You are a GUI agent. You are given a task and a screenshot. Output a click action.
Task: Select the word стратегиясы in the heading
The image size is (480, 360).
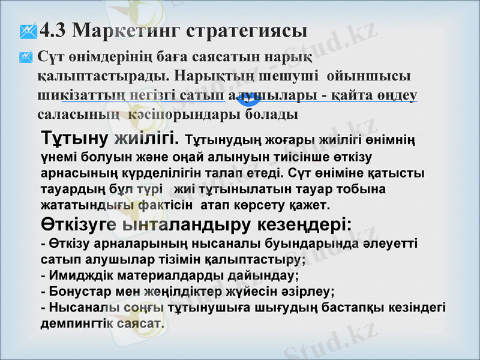[x=248, y=30]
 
